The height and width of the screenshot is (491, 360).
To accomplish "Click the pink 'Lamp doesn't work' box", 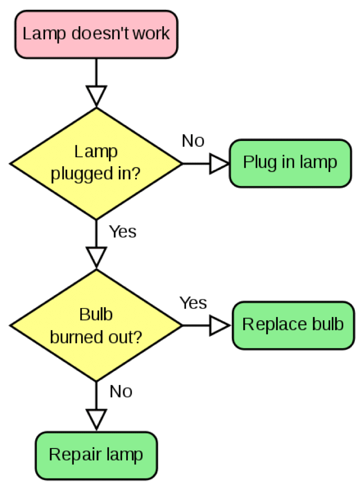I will [96, 34].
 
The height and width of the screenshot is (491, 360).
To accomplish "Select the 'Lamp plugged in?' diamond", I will [96, 163].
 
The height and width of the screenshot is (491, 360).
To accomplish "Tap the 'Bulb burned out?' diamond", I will [96, 325].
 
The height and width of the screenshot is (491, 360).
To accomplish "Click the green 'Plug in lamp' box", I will [290, 163].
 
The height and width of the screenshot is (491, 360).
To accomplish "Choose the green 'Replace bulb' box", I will [293, 325].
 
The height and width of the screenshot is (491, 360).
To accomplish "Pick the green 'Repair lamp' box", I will [96, 455].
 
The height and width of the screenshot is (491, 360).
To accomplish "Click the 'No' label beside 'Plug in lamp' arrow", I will [193, 141].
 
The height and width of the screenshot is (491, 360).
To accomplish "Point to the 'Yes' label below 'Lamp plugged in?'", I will [123, 232].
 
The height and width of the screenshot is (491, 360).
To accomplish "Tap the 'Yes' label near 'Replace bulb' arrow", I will [193, 303].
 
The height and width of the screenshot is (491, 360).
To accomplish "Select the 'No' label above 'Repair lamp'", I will [121, 391].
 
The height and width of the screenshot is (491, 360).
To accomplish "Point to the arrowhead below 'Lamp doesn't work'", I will [96, 95].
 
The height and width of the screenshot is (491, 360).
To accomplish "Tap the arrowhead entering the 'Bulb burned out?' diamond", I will [96, 257].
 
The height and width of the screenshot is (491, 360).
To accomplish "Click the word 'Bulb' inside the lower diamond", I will [96, 314].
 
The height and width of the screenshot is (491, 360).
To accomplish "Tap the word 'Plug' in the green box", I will [256, 163].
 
